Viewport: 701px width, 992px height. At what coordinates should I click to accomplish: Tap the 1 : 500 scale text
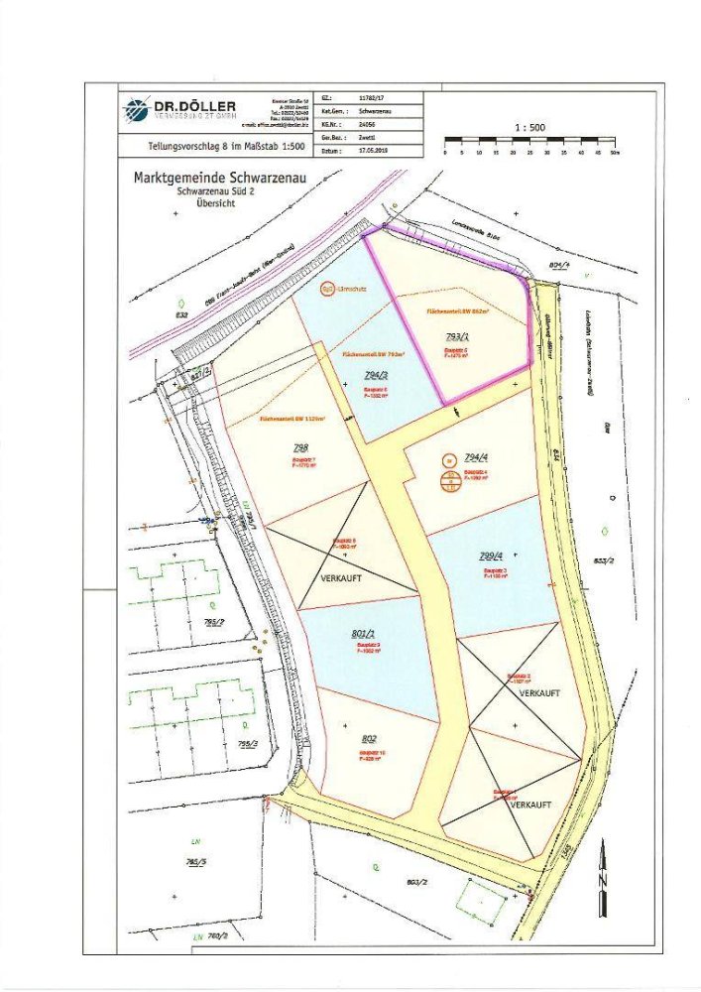pyautogui.click(x=530, y=128)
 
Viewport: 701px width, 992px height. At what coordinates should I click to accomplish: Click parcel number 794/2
pyautogui.click(x=375, y=375)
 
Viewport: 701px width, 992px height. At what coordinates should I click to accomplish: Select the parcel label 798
pyautogui.click(x=288, y=447)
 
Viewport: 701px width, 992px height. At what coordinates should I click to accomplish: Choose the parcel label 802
pyautogui.click(x=370, y=739)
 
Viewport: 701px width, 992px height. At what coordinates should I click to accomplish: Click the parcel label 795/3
pyautogui.click(x=247, y=745)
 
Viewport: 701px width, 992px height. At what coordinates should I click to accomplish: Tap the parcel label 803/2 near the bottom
pyautogui.click(x=416, y=881)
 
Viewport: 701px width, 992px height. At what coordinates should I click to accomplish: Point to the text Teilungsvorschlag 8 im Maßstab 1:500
pyautogui.click(x=198, y=148)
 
